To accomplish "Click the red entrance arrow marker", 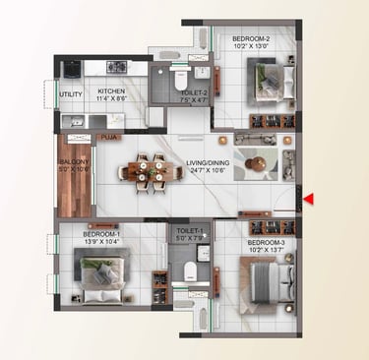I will point(308,200).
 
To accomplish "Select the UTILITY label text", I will point(70,94).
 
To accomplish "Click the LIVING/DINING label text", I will point(208,163).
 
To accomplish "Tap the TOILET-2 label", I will point(192,93).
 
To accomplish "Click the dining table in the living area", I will point(151,172).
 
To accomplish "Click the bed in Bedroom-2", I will point(266,76).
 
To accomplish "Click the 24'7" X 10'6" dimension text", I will point(208,171).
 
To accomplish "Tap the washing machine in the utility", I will point(72,70).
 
